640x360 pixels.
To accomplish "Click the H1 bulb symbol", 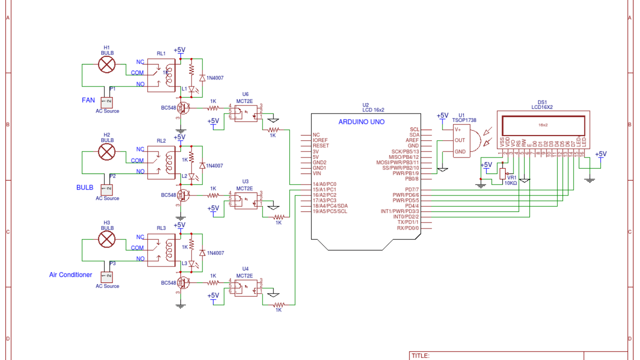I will point(106,64).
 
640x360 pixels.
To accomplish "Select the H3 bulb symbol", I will point(106,239).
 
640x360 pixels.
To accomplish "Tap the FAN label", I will point(88,100).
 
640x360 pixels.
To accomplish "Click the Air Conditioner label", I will point(70,274).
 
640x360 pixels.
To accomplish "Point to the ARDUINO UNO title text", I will point(361,122).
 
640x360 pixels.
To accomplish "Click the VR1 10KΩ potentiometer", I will point(502,173).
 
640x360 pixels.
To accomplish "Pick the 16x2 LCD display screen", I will point(543,125).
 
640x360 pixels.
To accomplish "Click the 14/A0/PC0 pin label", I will point(324,184).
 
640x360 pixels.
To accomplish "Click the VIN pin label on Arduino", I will point(316,173).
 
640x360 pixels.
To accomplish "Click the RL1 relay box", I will point(161,75).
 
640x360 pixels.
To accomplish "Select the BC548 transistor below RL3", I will point(182,282).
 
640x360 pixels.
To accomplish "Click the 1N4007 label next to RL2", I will point(214,165).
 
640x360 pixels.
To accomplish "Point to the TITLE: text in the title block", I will point(420,356).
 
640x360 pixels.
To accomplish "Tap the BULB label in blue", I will point(84,187).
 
